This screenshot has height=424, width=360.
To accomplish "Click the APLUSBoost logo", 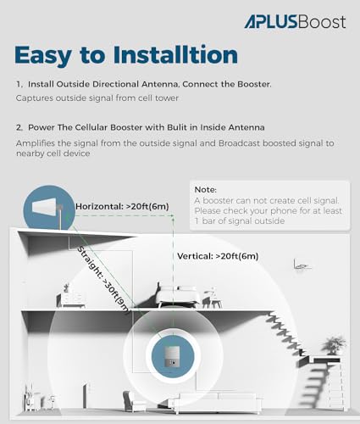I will [x=294, y=21].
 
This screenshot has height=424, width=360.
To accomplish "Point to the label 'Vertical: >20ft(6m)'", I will [x=218, y=255].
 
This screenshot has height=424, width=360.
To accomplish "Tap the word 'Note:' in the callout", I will [x=206, y=190].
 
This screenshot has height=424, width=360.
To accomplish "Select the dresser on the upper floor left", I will [x=71, y=298].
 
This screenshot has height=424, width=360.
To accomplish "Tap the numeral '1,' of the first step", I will [x=19, y=86].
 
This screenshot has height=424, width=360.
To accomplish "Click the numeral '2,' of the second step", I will [x=19, y=127].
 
